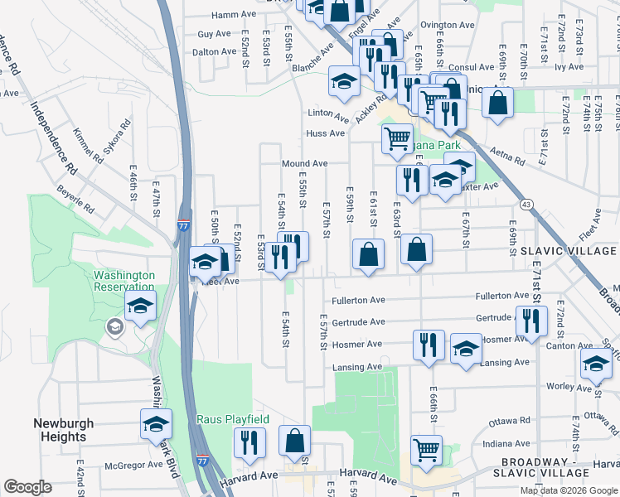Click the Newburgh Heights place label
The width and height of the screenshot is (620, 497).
click(59, 429)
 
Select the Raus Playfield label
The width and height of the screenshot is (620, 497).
click(233, 419)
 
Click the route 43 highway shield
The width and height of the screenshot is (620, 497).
click(526, 204)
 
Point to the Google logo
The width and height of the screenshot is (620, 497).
click(27, 487)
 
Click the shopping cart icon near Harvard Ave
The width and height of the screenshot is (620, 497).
click(426, 450)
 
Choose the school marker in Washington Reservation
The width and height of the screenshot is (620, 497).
click(141, 305)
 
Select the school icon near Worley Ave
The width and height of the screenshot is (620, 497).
click(596, 363)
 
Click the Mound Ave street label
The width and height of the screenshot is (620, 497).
click(304, 164)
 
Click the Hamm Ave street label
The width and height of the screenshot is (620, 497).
click(234, 15)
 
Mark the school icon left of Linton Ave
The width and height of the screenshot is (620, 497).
click(344, 80)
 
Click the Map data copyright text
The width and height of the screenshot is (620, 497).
click(568, 490)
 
